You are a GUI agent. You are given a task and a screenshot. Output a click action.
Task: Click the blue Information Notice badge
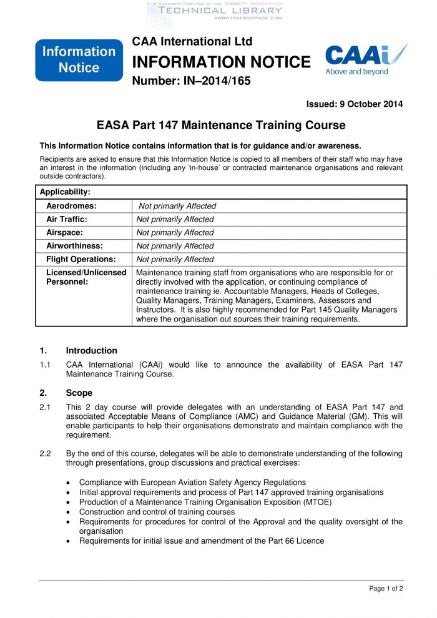click(x=79, y=60)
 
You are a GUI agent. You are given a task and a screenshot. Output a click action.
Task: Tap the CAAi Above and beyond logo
click(x=365, y=60)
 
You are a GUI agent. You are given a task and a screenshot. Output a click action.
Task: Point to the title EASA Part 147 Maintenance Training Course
click(x=221, y=125)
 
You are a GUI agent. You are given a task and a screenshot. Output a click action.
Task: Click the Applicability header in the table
click(x=65, y=192)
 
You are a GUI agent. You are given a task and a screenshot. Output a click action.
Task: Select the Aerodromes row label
click(x=71, y=206)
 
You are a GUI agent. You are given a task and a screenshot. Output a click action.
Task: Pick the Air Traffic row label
click(x=67, y=219)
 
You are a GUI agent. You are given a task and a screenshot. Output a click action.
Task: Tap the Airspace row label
click(x=64, y=232)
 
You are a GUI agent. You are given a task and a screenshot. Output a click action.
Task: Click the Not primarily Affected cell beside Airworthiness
click(x=175, y=246)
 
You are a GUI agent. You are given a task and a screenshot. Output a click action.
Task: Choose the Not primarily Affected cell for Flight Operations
click(x=175, y=259)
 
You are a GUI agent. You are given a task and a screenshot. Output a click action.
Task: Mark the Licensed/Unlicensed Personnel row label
click(x=86, y=277)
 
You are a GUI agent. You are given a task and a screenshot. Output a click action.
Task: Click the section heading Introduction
click(x=91, y=351)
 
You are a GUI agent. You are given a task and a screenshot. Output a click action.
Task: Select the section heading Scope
click(x=79, y=393)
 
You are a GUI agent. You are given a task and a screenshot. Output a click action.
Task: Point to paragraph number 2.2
click(x=45, y=454)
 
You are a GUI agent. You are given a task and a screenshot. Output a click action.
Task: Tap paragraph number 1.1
click(x=45, y=365)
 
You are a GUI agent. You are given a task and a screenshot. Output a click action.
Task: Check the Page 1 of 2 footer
click(x=386, y=589)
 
